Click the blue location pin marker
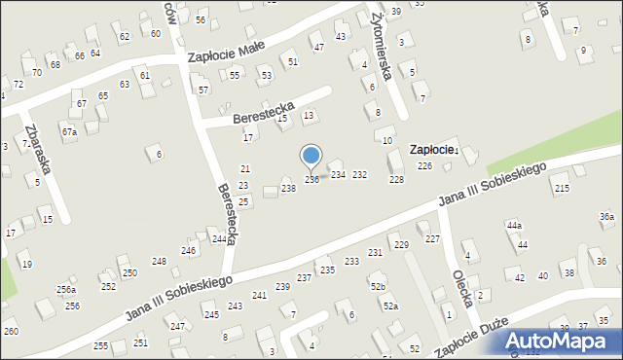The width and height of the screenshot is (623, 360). tap(311, 156)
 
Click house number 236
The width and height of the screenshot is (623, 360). tap(311, 180)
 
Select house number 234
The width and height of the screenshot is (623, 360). tap(338, 175)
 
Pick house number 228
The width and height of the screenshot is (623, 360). tap(396, 180)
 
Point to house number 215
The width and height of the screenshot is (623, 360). tap(561, 188)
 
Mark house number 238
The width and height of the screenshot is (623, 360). tap(288, 188)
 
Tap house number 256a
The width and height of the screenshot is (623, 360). tap(65, 290)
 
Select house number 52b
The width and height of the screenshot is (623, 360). tap(378, 287)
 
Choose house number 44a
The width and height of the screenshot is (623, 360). tap(514, 226)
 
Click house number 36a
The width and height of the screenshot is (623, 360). tap(606, 216)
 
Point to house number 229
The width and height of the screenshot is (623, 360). tap(400, 245)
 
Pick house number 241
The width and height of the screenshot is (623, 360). tap(259, 295)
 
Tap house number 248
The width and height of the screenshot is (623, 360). tap(159, 262)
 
